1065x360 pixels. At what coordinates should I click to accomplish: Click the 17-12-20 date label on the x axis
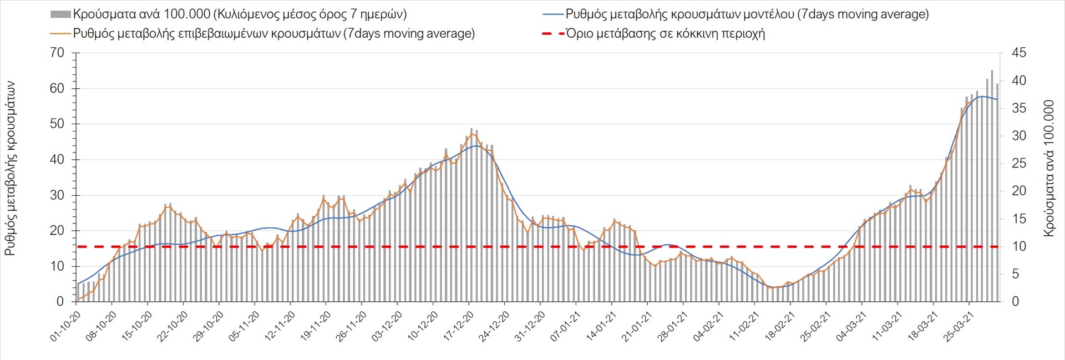pyautogui.click(x=459, y=326)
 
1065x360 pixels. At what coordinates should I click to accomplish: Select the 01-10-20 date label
pyautogui.click(x=66, y=326)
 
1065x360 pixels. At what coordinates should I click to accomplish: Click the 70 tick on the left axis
pyautogui.click(x=57, y=53)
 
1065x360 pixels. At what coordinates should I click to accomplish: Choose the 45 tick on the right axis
pyautogui.click(x=1019, y=53)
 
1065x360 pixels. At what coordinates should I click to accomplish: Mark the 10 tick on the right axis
pyautogui.click(x=1019, y=246)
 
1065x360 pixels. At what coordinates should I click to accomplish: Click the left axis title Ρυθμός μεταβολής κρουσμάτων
pyautogui.click(x=10, y=169)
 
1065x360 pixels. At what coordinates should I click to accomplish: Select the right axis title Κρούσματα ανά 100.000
pyautogui.click(x=1048, y=169)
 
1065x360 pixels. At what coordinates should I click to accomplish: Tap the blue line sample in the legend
pyautogui.click(x=552, y=14)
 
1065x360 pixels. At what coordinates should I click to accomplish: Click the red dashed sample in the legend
pyautogui.click(x=552, y=34)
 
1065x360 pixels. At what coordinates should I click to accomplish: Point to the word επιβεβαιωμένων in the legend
pyautogui.click(x=222, y=34)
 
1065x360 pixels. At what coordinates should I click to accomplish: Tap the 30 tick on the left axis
pyautogui.click(x=57, y=195)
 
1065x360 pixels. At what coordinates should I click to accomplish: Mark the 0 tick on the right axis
pyautogui.click(x=1016, y=302)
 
